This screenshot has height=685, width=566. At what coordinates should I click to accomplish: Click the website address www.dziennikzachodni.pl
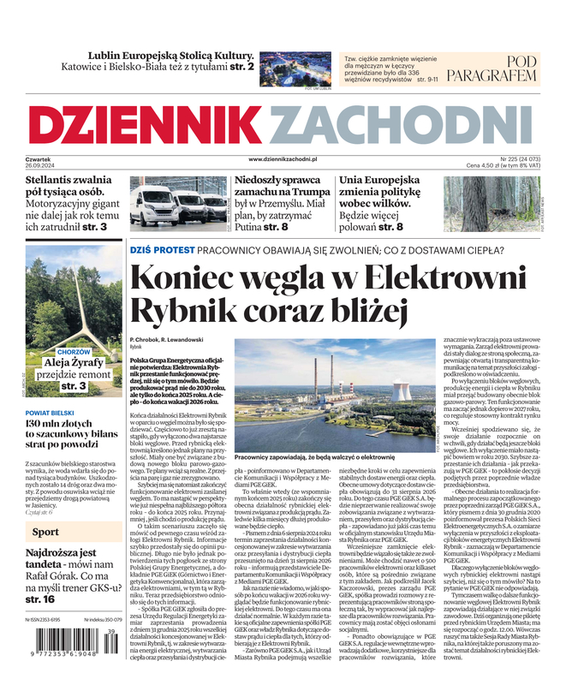283,159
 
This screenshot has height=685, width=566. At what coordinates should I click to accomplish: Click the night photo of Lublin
295,68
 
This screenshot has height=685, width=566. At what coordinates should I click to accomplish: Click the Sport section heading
45,532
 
